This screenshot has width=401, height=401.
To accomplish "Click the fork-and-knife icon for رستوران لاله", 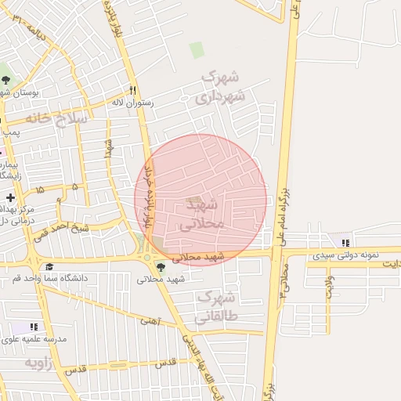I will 132,90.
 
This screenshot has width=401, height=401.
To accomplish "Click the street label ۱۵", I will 39,190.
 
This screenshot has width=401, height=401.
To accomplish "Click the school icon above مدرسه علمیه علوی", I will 34,326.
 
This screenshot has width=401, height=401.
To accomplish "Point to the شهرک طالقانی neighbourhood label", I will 214,308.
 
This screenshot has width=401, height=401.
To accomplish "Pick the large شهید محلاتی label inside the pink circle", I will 203,214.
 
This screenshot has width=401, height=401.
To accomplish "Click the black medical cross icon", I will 9,198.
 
